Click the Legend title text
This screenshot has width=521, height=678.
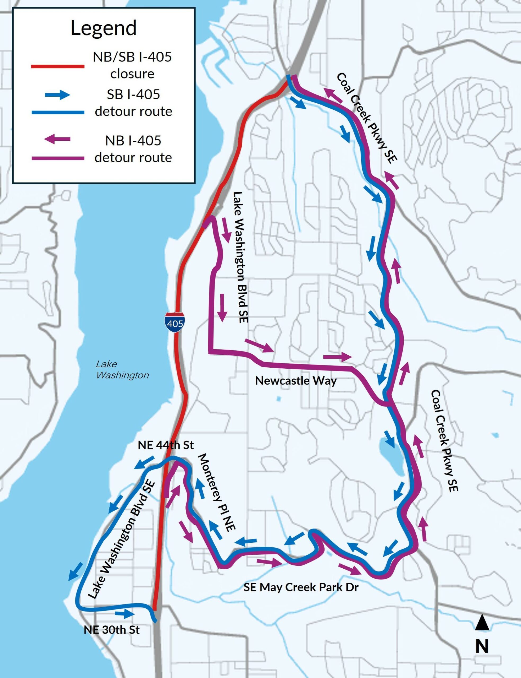(103, 28)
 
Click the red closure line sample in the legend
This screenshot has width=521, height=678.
(58, 66)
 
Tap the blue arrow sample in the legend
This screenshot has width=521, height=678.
(58, 95)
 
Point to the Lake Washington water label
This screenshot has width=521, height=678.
(122, 369)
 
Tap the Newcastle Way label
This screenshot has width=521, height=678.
(296, 381)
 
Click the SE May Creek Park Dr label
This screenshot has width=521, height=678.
(301, 587)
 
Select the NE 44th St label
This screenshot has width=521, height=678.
(166, 445)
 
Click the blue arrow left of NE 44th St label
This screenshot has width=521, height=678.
(145, 462)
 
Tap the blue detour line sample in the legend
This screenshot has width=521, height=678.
(58, 112)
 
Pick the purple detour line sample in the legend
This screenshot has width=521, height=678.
(58, 158)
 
